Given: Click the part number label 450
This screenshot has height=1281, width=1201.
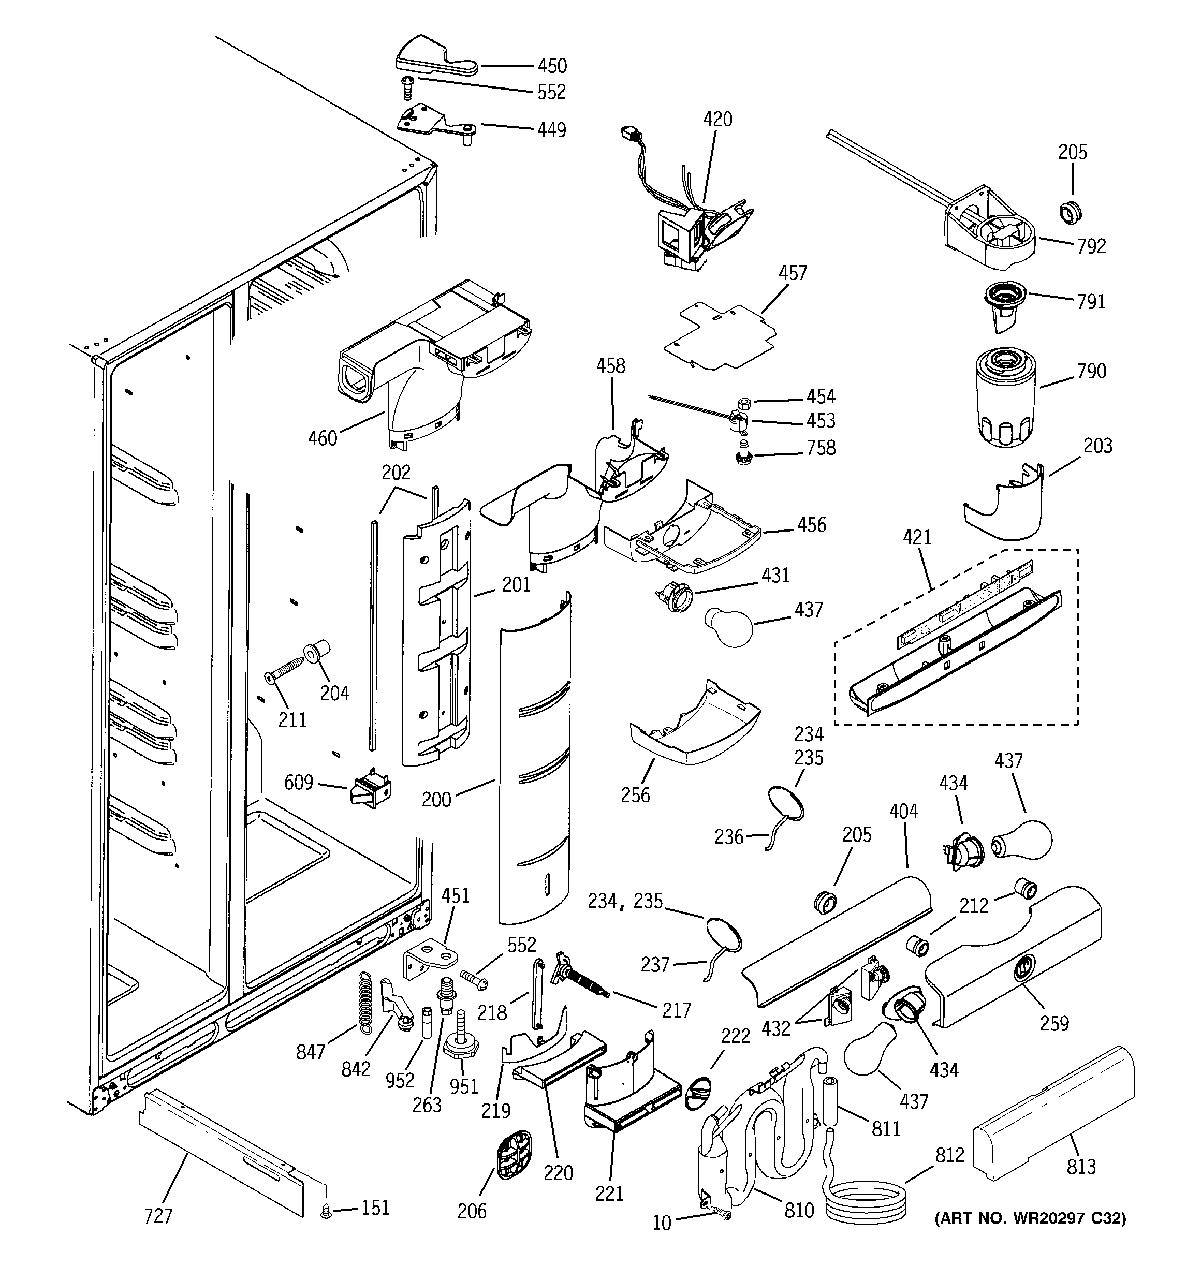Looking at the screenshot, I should click(552, 66).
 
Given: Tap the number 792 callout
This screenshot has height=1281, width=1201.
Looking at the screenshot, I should click(1091, 246).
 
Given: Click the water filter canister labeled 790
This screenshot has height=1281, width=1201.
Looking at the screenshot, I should click(1003, 397).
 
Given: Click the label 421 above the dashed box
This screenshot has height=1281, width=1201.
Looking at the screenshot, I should click(917, 537).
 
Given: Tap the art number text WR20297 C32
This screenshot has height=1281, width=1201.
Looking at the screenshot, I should click(1030, 1218).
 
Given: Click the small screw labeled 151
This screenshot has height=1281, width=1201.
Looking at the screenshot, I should click(326, 1213).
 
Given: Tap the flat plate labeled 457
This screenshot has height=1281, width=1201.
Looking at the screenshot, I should click(720, 338).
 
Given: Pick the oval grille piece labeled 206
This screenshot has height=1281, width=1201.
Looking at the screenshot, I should click(514, 1154).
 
